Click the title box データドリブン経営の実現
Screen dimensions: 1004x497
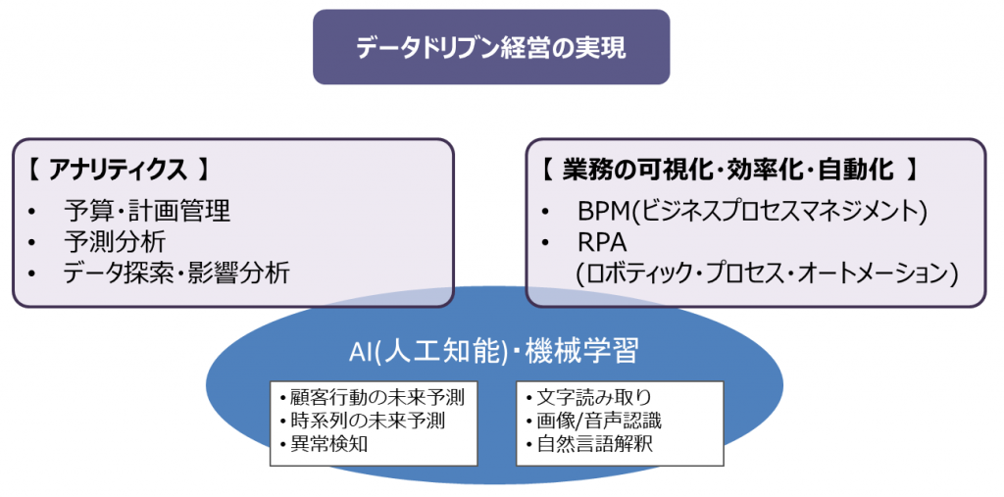coord(491,47)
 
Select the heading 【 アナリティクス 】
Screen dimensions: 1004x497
coord(119,172)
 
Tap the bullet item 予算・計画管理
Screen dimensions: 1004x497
coord(147,210)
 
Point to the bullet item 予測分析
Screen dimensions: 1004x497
coord(116,242)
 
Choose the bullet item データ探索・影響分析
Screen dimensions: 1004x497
coord(176,273)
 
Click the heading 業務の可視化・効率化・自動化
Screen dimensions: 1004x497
coord(728,171)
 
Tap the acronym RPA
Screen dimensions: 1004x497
coord(601,243)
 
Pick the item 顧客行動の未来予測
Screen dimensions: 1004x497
coord(373,398)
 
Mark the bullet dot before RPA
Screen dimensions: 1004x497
coord(545,243)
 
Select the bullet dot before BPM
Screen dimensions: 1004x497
coord(545,212)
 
